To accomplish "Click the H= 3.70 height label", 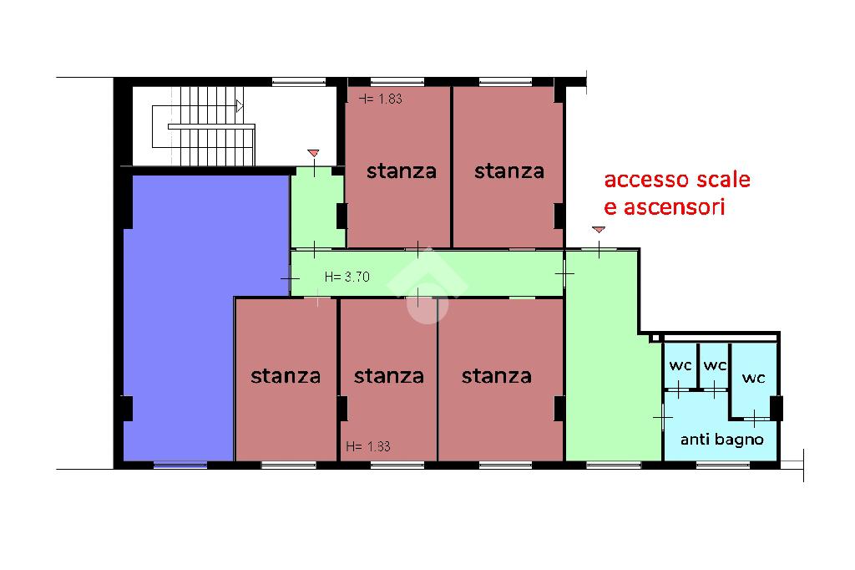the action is (347, 277).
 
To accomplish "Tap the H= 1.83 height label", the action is (381, 99).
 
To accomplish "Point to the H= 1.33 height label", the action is (368, 446).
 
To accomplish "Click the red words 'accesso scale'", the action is (677, 180).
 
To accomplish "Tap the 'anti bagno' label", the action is (722, 439).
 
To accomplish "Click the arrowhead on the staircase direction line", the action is (240, 106).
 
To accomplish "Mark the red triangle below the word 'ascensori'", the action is (599, 230).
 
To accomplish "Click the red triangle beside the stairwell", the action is (313, 153).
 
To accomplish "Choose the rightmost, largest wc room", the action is (754, 380).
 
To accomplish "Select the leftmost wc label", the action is (680, 364).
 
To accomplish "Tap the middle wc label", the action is (715, 364).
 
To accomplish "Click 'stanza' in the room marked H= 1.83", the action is (402, 171).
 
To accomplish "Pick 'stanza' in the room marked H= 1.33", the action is (389, 376).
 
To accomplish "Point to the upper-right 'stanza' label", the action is (509, 171).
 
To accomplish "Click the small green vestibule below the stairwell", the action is (317, 208).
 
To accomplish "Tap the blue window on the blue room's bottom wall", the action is (180, 466).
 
